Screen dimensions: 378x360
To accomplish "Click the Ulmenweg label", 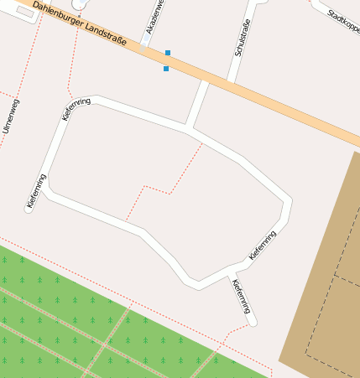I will point(11,117).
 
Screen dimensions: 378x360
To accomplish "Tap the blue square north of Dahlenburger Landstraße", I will point(168,53).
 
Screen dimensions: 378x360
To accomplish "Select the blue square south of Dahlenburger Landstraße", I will point(166,69).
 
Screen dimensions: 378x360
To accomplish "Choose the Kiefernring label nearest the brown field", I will point(263,244).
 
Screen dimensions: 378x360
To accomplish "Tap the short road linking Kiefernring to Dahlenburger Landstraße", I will point(198,105).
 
